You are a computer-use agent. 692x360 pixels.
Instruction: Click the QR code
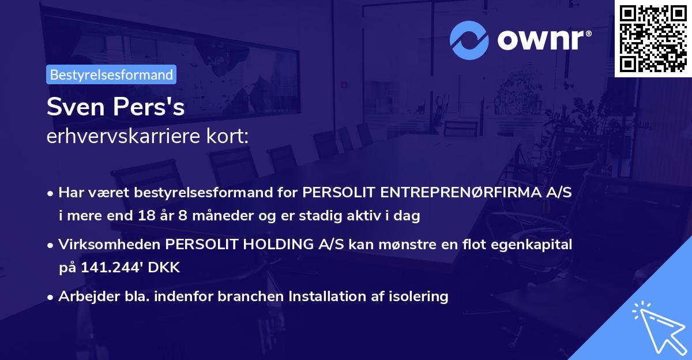coord(653,38)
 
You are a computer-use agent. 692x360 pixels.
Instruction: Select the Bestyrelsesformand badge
coord(111,74)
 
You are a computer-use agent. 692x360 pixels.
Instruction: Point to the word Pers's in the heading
coord(151,107)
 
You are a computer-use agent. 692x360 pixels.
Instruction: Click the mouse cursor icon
coord(657,326)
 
